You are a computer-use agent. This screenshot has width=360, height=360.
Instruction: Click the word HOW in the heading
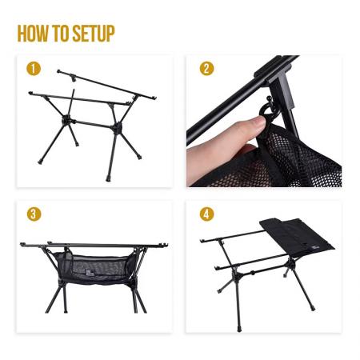(x=35, y=34)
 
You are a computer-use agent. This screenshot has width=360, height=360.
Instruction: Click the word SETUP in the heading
(x=94, y=34)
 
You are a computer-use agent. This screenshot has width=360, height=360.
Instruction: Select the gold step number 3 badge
(x=33, y=214)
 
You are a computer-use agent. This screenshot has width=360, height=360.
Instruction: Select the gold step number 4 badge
(x=207, y=214)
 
